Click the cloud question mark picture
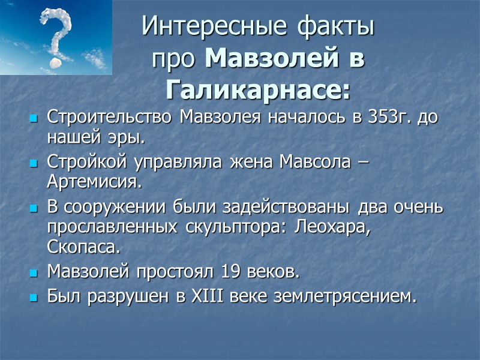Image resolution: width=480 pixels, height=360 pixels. click(55, 37)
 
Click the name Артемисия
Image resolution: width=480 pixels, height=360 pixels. click(96, 181)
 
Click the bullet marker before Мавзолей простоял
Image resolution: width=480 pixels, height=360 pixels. click(33, 273)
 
